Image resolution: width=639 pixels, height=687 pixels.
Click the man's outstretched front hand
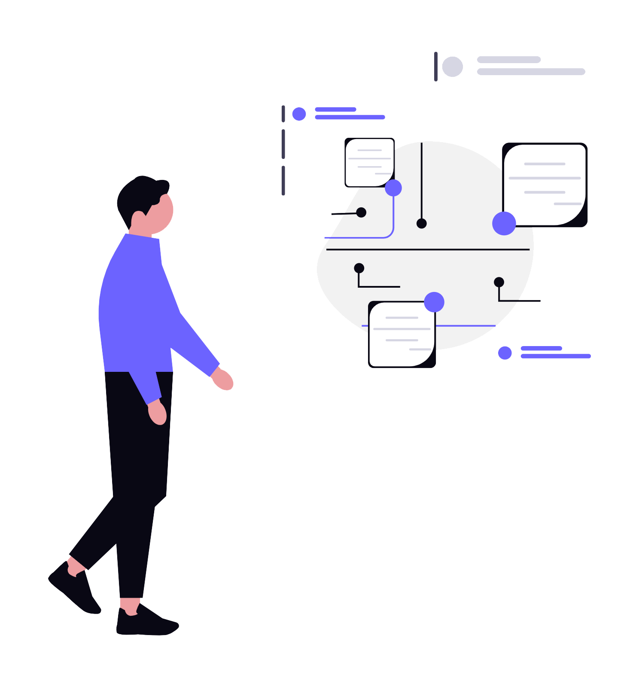[223, 380]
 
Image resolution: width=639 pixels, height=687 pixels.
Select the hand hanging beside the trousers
[157, 413]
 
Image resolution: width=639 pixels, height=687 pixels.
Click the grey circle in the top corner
[452, 67]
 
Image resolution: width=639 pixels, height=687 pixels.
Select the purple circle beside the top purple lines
[299, 114]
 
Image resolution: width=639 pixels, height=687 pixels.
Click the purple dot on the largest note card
[504, 223]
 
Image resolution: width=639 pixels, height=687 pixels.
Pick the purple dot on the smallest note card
[393, 188]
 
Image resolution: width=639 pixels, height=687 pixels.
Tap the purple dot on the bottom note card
[434, 302]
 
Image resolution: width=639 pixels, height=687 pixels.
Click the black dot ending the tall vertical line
[421, 223]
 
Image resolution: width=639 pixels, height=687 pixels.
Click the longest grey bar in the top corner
[531, 72]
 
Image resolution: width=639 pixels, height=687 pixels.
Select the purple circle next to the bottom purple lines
[505, 353]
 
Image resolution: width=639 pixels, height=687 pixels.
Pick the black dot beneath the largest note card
[499, 282]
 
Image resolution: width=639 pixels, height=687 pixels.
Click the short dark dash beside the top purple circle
[283, 114]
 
